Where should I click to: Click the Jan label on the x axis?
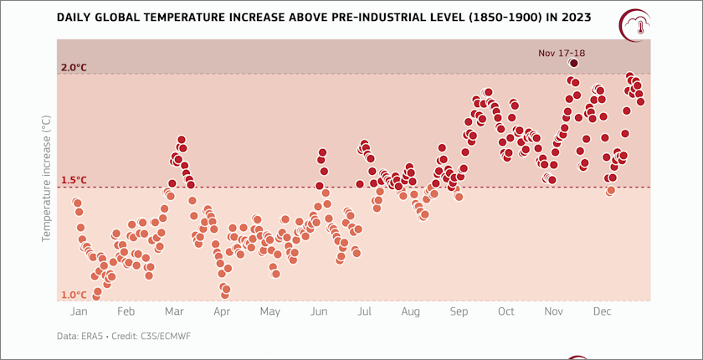(80, 311)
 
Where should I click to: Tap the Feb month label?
(126, 311)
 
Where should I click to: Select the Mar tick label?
(174, 311)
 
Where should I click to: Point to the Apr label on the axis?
(222, 311)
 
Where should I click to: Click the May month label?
(269, 311)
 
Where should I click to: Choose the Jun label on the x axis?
(318, 311)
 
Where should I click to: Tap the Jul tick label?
(364, 311)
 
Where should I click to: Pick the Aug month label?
(410, 311)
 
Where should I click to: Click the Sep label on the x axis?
(459, 311)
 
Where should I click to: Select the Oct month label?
(505, 311)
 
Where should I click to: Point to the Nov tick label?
(553, 311)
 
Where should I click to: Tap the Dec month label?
(601, 311)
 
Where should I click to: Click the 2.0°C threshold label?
(74, 67)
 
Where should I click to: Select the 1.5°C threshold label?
(74, 180)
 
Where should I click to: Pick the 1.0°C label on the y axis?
(74, 295)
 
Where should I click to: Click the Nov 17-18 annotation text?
(562, 54)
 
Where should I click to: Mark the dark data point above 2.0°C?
(574, 63)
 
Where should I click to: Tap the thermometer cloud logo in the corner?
(637, 25)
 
